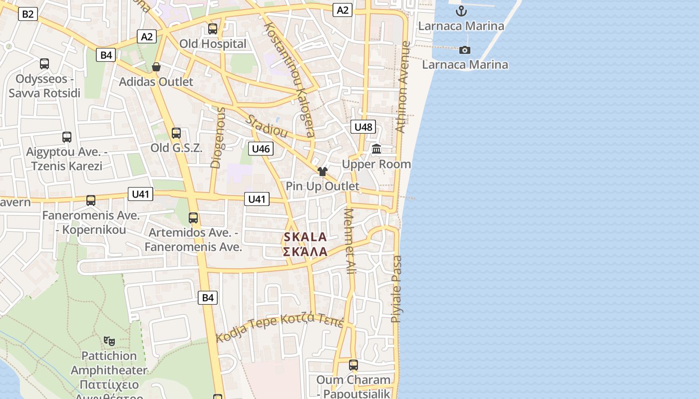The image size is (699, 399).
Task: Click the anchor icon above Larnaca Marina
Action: coord(461,11)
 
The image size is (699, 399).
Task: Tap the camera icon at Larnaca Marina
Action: coord(465,50)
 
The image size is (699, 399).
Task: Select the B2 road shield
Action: coord(27,14)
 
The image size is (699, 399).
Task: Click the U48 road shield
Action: coord(363,127)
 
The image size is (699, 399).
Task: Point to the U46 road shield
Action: coord(261,149)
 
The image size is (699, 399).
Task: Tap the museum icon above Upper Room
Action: coord(376,149)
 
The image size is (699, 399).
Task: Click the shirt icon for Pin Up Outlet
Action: coord(322,172)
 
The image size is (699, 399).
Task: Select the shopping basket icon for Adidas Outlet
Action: coord(156,67)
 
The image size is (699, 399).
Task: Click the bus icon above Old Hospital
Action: coord(213,29)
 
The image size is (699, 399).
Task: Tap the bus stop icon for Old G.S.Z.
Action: coord(176,133)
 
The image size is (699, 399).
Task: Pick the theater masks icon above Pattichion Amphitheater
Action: coord(109,341)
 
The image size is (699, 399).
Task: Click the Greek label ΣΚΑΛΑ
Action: coord(305,251)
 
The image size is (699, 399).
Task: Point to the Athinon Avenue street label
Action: coord(402,87)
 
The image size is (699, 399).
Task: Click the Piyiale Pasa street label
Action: coord(396,289)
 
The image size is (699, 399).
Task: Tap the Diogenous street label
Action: coord(218,138)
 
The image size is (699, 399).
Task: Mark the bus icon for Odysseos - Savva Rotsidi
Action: coord(44,64)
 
